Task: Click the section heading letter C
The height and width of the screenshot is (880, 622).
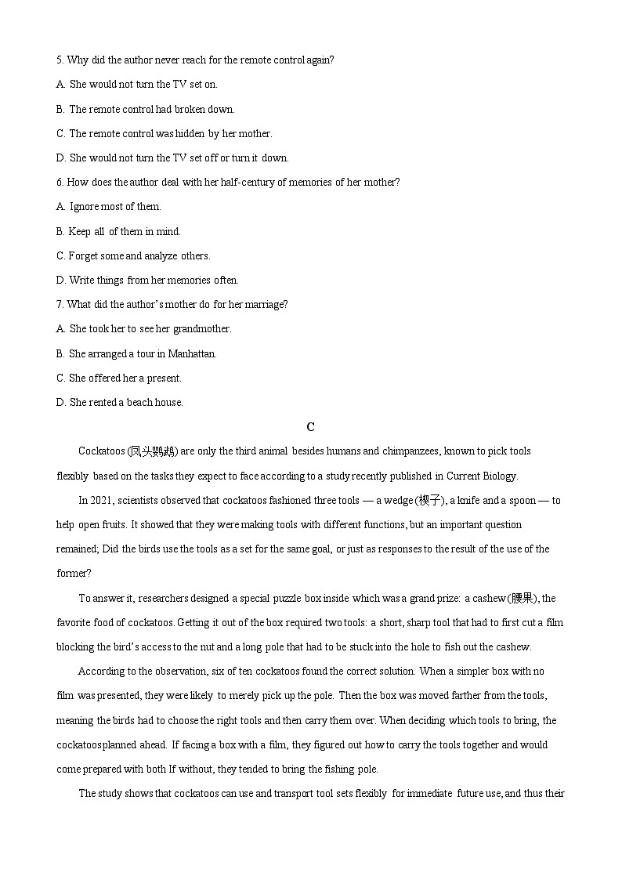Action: point(311,427)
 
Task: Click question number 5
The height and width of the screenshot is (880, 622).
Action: point(60,60)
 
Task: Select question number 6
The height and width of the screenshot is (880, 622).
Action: point(60,182)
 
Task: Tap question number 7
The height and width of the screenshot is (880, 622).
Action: point(60,304)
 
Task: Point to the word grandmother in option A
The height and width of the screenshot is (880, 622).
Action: point(202,329)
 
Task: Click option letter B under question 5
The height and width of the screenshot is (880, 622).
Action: point(60,109)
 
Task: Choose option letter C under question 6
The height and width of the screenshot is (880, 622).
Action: point(60,255)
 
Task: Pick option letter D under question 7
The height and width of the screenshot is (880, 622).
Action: point(60,402)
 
